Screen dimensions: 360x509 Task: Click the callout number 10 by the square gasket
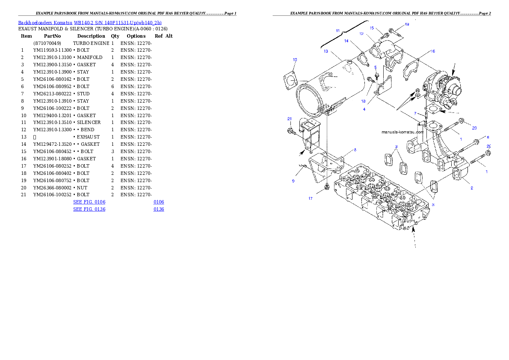295,59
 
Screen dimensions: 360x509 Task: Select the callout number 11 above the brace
338,31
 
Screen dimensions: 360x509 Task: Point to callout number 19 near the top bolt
407,24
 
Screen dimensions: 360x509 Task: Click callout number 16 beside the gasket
433,51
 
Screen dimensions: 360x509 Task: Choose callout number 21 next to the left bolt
290,118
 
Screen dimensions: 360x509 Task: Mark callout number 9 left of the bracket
293,181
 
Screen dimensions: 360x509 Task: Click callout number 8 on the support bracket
355,150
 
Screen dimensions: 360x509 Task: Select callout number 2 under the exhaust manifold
472,188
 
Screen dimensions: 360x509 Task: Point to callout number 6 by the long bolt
488,137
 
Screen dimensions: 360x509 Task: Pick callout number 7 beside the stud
415,113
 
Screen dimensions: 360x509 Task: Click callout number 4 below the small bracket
364,109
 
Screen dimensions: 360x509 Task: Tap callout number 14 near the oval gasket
347,41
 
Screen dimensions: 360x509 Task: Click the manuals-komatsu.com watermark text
402,132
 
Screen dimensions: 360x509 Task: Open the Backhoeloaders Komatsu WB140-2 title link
90,22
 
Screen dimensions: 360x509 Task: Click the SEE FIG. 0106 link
89,201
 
